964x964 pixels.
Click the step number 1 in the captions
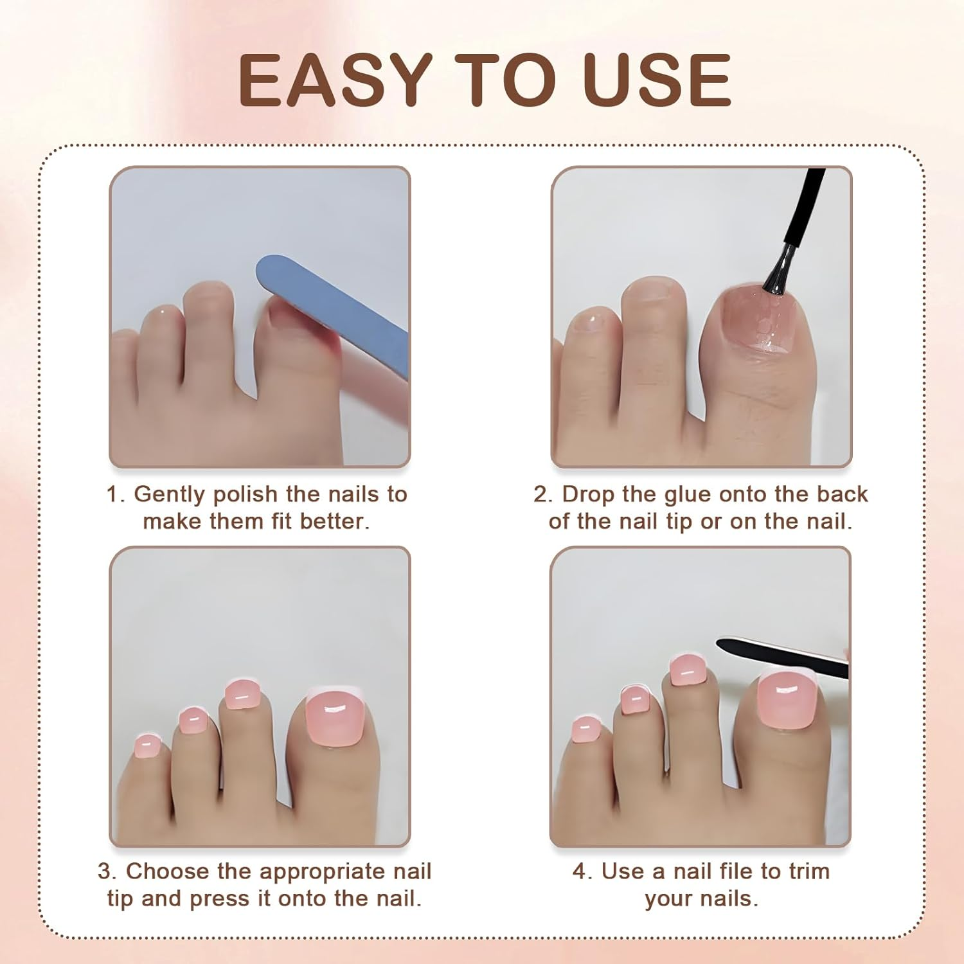click(113, 494)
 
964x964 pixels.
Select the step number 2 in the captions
click(541, 494)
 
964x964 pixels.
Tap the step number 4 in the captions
click(580, 871)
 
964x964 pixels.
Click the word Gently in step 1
click(170, 494)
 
